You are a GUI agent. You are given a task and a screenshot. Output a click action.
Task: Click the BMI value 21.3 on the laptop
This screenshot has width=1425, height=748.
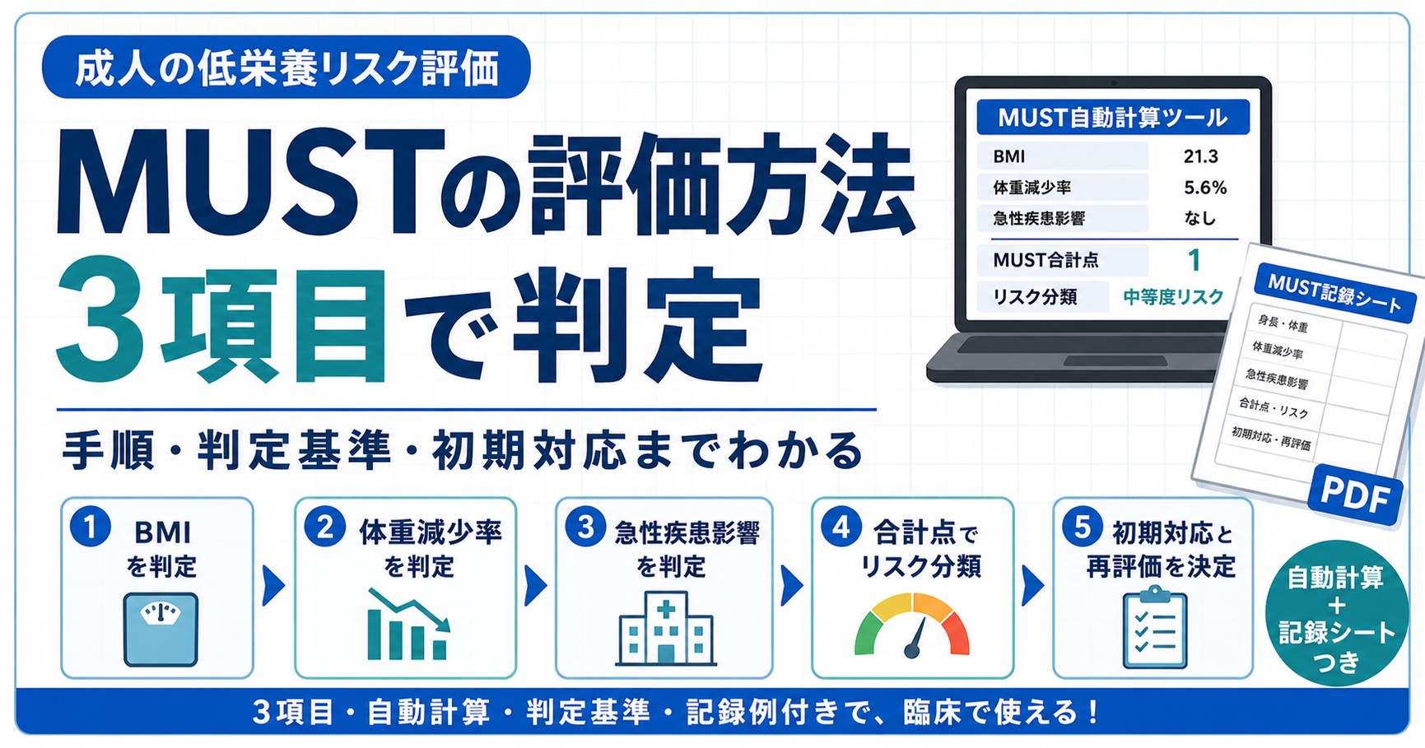click(1200, 156)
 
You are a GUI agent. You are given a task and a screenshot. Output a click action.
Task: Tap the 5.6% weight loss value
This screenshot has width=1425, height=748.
click(1205, 188)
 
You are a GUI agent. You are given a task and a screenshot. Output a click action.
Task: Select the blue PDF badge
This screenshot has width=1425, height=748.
click(1354, 495)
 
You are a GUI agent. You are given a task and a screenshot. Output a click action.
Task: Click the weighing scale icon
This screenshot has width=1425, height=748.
click(161, 629)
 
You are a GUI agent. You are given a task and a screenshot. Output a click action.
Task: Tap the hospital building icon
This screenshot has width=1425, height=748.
click(666, 627)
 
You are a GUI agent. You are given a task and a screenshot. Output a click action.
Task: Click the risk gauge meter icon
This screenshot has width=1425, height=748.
click(912, 625)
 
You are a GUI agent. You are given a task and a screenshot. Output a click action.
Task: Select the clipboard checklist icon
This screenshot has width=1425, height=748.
click(1155, 627)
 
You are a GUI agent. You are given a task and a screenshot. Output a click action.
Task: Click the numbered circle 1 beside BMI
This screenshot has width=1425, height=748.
click(91, 527)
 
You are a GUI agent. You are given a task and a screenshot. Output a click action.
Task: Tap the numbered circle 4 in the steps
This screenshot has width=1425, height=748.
click(841, 527)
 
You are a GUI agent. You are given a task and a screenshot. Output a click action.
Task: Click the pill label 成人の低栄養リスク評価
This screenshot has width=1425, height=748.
click(286, 67)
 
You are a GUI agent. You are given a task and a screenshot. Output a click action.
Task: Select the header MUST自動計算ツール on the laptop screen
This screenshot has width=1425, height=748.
click(1113, 118)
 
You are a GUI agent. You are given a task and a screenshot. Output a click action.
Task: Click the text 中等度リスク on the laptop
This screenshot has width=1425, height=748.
click(1173, 297)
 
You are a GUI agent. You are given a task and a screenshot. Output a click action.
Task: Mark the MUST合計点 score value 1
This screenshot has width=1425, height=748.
click(1194, 260)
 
